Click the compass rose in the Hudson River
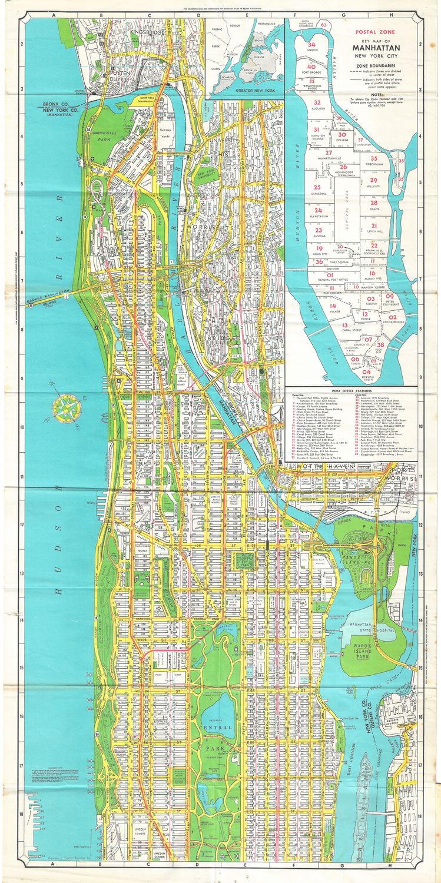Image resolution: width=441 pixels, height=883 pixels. click(62, 406)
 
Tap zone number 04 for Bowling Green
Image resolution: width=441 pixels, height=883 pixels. click(367, 372)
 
